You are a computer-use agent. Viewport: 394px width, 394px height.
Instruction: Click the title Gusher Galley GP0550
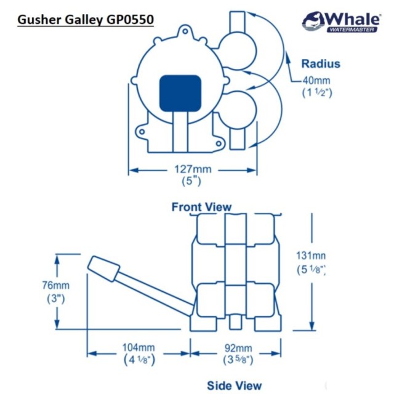pyautogui.click(x=86, y=19)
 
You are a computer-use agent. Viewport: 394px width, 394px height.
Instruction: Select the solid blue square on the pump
pyautogui.click(x=181, y=94)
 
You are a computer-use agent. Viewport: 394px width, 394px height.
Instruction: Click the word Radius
pyautogui.click(x=320, y=63)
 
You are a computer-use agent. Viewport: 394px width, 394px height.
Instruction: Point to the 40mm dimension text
pyautogui.click(x=317, y=81)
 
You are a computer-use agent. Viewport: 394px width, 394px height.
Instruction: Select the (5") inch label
pyautogui.click(x=191, y=181)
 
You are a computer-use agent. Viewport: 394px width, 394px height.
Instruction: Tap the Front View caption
pyautogui.click(x=201, y=207)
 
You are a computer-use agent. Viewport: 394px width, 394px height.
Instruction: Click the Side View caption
pyautogui.click(x=234, y=385)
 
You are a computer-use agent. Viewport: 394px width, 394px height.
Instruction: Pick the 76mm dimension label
pyautogui.click(x=58, y=286)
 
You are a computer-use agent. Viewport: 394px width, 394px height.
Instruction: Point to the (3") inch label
pyautogui.click(x=57, y=299)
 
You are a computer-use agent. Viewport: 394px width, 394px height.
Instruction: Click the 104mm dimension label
pyautogui.click(x=138, y=348)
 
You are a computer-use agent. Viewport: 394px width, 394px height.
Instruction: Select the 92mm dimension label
pyautogui.click(x=237, y=348)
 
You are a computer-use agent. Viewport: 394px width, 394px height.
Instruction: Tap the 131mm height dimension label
pyautogui.click(x=310, y=255)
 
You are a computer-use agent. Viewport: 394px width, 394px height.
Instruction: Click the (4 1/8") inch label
pyautogui.click(x=138, y=360)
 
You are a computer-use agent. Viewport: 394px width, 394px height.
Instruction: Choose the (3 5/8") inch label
pyautogui.click(x=237, y=360)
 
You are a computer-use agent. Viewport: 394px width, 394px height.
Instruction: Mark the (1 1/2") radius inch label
pyautogui.click(x=317, y=93)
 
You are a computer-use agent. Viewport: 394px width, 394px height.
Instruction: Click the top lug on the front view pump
pyautogui.click(x=183, y=32)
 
